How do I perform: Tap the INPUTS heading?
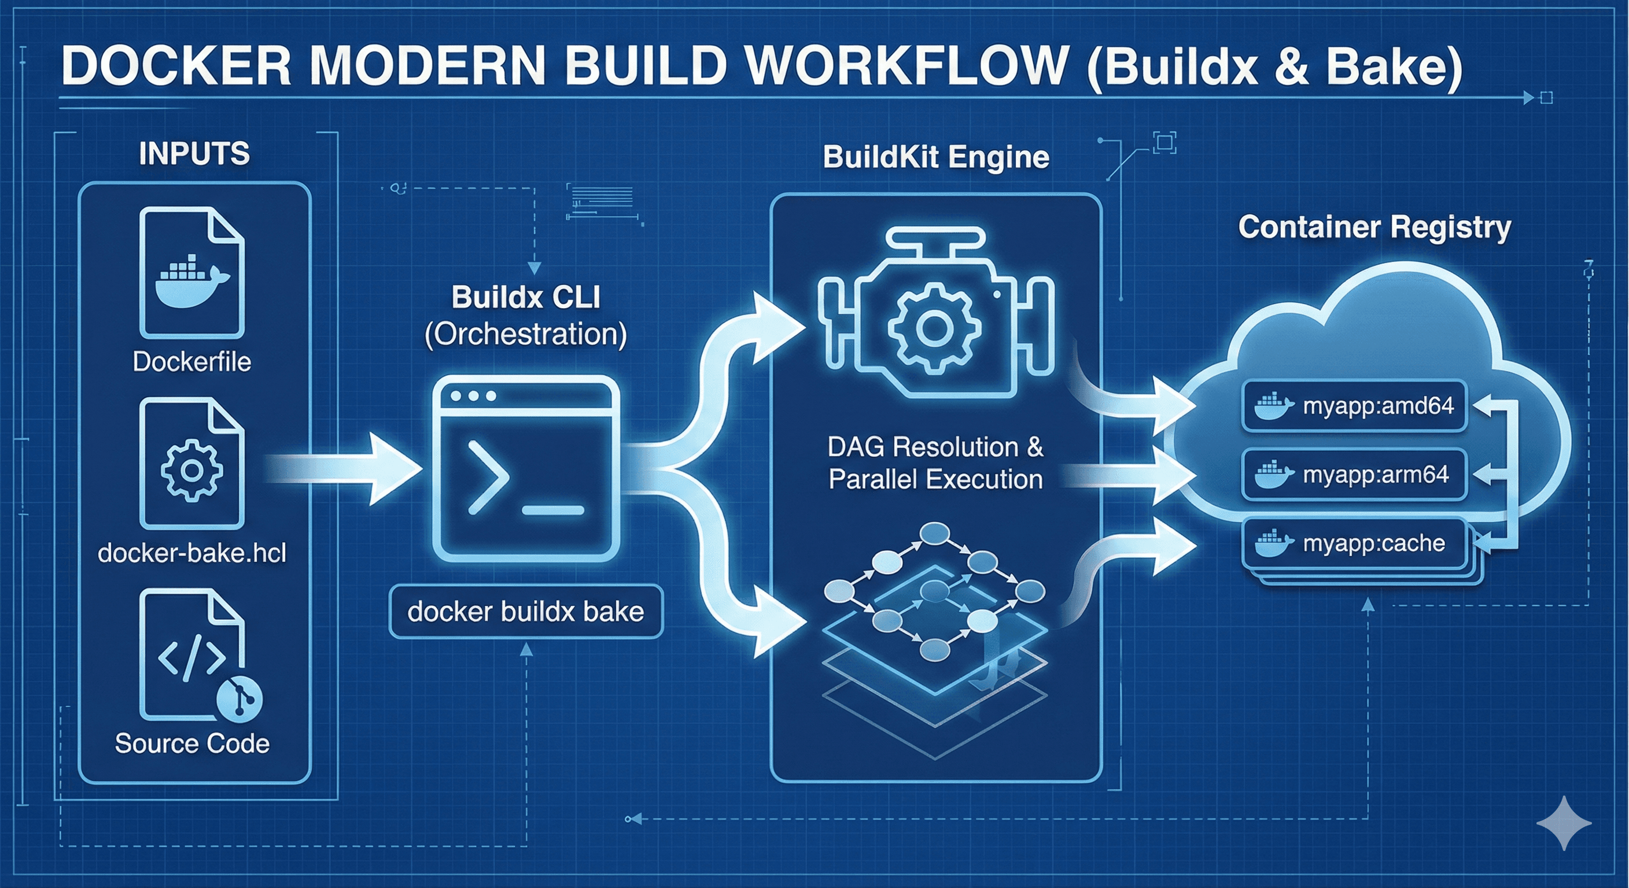[194, 154]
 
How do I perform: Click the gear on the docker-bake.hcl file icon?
[191, 470]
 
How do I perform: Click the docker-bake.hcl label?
[191, 553]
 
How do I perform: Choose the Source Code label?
[191, 743]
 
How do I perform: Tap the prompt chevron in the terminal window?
[488, 477]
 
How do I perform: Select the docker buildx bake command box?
[525, 612]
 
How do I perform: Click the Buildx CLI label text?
[525, 298]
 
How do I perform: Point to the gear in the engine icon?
[934, 328]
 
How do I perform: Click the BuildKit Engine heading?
[936, 157]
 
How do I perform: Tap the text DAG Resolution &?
[935, 447]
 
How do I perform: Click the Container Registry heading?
[1374, 227]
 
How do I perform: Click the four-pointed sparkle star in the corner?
[1563, 822]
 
